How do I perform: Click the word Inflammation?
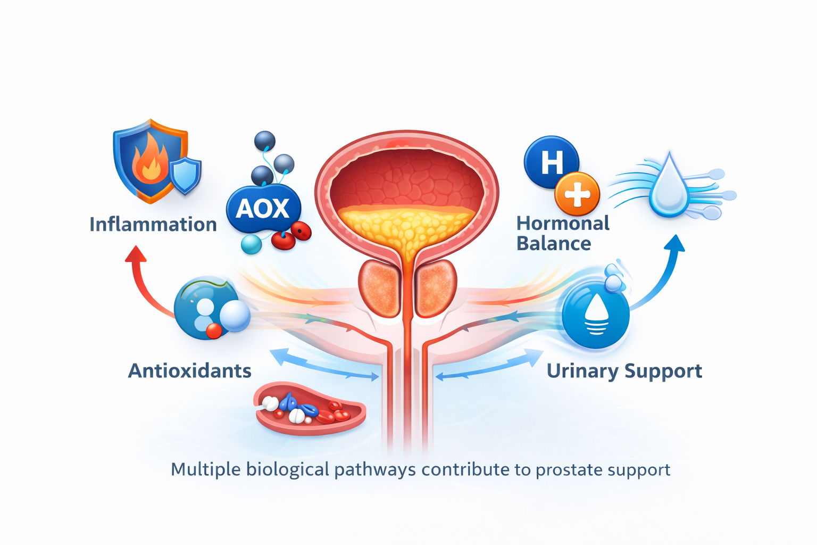tap(153, 225)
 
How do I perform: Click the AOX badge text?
tap(263, 209)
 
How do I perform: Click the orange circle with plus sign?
tap(577, 194)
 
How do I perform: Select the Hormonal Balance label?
tap(562, 233)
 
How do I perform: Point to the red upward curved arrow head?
tap(136, 254)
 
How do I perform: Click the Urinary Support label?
tap(624, 371)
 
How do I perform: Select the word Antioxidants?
tap(190, 371)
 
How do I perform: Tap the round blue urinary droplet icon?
tap(596, 315)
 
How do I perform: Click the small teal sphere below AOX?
tap(251, 244)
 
